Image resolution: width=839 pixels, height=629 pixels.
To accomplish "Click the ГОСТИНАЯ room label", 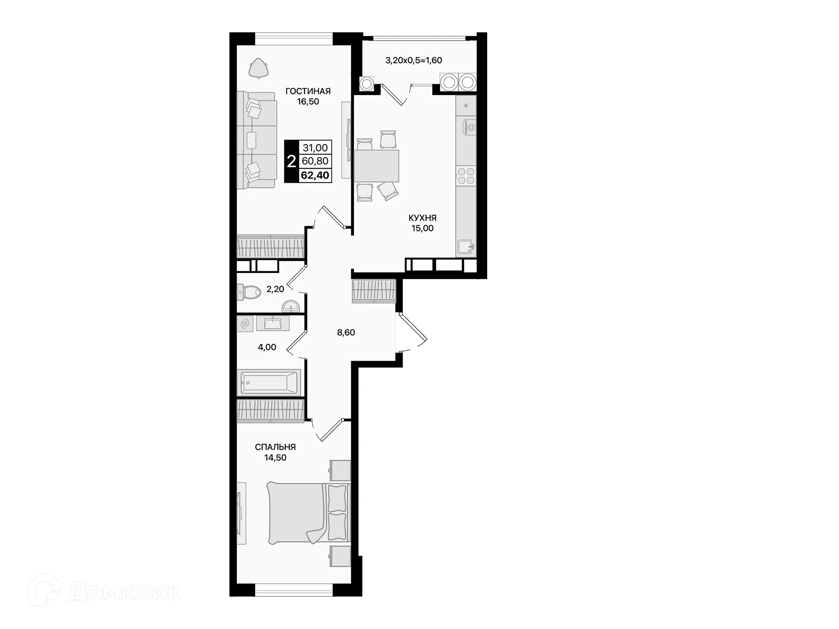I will coord(308,91).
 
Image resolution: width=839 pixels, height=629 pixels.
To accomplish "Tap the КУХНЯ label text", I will coord(422,218).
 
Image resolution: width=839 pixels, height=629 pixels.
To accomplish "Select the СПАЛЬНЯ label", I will coord(275,447).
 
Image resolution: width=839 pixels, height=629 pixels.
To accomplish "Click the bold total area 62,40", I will coord(315,176).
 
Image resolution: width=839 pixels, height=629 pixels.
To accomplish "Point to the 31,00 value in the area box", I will coord(315,148).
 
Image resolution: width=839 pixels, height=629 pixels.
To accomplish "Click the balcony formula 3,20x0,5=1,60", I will coord(413,60).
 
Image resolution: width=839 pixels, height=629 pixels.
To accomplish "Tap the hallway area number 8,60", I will coord(346,332).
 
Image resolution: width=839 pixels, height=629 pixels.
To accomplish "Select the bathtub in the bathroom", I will coord(268,382).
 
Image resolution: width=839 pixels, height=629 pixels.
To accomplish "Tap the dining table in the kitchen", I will coord(376,166).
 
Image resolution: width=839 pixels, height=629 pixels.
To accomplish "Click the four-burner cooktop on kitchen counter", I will coord(466,176).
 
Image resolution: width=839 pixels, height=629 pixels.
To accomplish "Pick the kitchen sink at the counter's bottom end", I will coord(465,247).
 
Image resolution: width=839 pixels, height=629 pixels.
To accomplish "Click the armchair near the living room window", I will coord(258,68).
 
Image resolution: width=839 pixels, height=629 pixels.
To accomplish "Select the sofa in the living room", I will coord(257,140).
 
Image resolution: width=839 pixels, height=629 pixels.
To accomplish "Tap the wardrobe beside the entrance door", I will coord(374,291).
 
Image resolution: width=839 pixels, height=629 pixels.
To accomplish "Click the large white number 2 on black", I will coord(291,162).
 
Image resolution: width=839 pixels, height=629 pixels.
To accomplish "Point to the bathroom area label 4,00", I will coord(267,347).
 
